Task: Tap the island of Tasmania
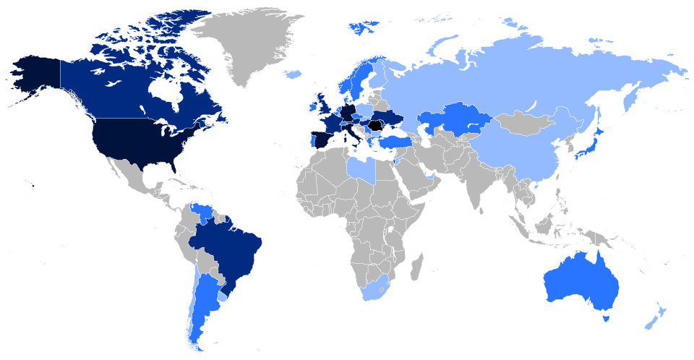tap(606, 316)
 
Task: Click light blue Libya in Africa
tap(361, 171)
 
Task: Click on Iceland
tap(293, 74)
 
